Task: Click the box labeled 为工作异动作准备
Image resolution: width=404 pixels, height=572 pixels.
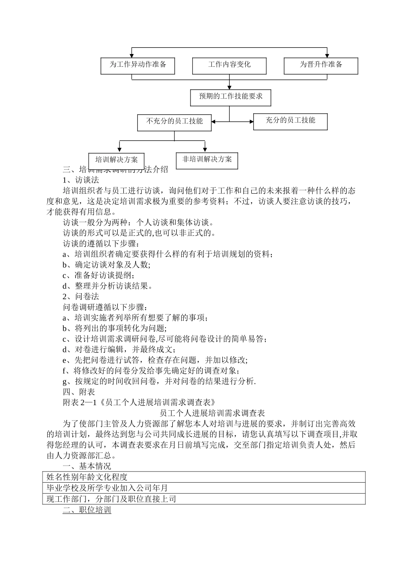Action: pos(137,65)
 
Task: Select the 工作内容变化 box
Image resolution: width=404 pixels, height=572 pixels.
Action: pos(229,65)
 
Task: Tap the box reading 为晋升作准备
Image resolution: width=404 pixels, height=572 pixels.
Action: pos(321,65)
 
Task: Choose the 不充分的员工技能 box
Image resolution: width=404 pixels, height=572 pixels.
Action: pos(174,122)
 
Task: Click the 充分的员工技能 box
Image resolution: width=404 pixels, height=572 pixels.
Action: pos(290,121)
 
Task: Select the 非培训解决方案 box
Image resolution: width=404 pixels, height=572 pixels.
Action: pos(207,160)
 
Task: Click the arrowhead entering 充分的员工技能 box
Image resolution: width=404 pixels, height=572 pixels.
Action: pos(251,122)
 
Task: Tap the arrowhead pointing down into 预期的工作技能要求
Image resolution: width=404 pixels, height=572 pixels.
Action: pos(229,87)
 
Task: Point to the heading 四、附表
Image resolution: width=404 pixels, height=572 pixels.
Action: pos(79,392)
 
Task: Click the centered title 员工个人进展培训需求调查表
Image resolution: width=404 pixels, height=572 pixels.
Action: pos(212,413)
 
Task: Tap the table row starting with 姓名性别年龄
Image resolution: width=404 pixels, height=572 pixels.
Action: pos(204,477)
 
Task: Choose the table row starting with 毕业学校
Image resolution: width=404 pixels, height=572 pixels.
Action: pos(204,488)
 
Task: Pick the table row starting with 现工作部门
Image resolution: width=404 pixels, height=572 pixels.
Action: pos(204,499)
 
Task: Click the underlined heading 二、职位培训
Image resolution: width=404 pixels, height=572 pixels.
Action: pos(87,510)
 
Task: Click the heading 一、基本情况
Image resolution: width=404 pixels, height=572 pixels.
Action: pos(87,466)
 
